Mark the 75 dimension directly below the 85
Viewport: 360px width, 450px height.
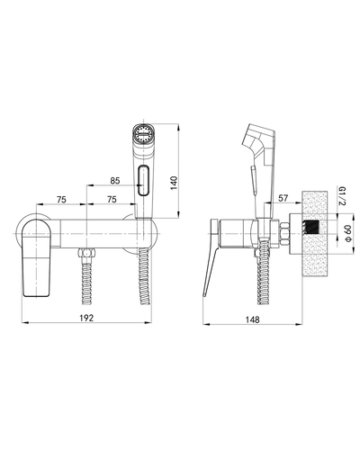coord(111,202)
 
